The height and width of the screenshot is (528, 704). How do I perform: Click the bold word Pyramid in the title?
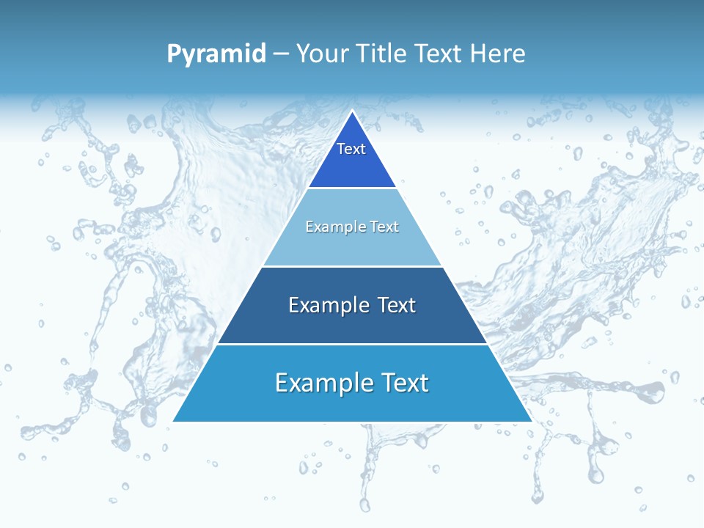[216, 54]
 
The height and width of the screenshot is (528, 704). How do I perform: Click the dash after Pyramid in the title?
[280, 54]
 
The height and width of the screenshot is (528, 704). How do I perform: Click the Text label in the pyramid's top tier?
[351, 149]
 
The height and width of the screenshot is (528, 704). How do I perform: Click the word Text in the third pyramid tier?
[397, 305]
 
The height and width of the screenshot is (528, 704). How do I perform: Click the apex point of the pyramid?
[352, 111]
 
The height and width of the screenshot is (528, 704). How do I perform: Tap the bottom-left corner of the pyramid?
[173, 421]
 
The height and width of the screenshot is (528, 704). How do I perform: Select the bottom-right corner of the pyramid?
[532, 421]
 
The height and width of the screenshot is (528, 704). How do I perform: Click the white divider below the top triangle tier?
[352, 188]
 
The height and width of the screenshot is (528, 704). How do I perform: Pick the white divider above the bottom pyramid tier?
[352, 344]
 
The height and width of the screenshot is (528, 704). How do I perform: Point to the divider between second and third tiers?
[352, 266]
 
